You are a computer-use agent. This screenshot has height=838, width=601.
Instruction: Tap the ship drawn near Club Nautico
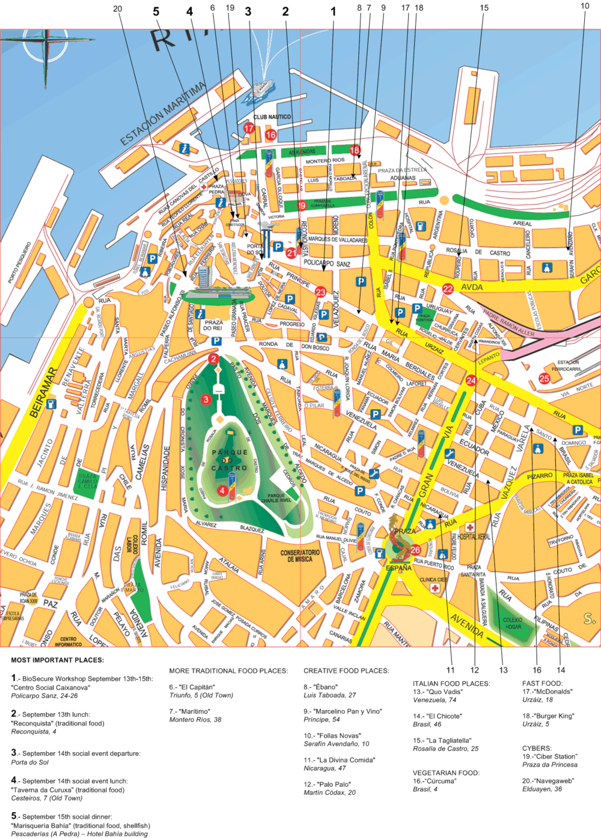click(x=263, y=88)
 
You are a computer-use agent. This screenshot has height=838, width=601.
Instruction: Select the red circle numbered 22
click(x=448, y=289)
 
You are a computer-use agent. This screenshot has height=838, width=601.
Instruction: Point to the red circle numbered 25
click(x=544, y=378)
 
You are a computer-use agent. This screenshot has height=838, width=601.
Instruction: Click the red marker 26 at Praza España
click(x=415, y=550)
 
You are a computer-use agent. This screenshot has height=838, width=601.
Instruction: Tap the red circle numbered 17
click(x=249, y=128)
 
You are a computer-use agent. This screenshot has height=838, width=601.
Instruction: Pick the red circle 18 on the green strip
click(x=355, y=150)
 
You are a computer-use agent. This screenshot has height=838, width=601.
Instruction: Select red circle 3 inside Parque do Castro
click(x=206, y=399)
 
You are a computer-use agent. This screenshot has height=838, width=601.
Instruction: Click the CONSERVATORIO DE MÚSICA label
click(x=300, y=556)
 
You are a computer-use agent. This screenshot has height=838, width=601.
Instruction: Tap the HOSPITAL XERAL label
click(x=474, y=536)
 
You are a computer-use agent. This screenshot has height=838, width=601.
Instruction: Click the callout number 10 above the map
click(x=585, y=6)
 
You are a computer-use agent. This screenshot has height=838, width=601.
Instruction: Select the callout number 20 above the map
click(x=117, y=8)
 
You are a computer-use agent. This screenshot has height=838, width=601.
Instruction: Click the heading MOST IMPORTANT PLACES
click(x=57, y=660)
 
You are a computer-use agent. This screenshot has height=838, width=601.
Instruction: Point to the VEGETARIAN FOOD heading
click(x=446, y=773)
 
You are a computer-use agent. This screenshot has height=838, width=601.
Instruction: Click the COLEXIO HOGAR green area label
click(x=513, y=623)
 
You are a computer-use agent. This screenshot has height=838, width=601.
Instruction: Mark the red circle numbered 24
click(x=471, y=380)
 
